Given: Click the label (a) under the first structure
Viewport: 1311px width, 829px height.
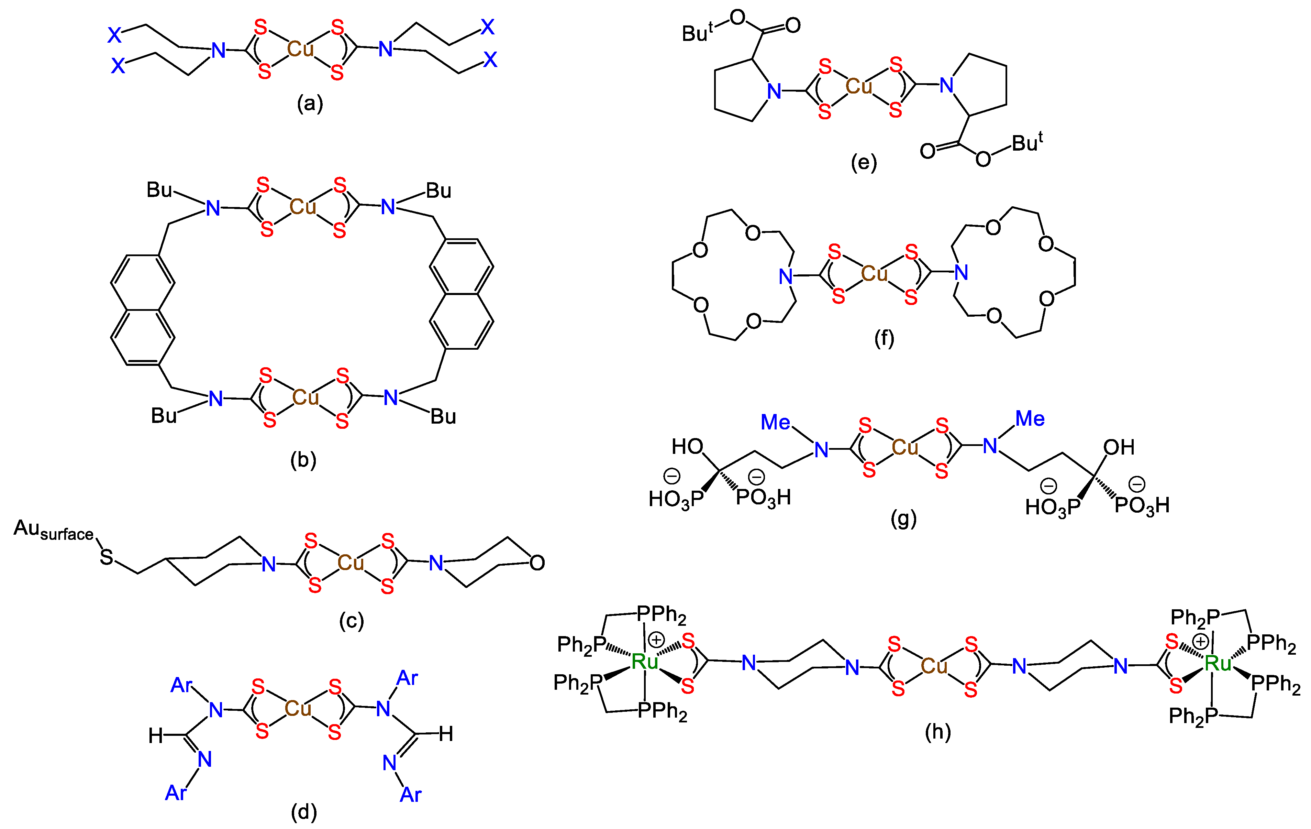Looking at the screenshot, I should (x=310, y=103).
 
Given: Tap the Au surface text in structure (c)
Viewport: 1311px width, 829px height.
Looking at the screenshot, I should (x=53, y=530).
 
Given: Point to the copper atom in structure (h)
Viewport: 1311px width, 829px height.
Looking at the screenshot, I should (x=934, y=666).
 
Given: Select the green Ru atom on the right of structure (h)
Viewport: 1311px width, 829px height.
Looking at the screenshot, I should (x=1218, y=663).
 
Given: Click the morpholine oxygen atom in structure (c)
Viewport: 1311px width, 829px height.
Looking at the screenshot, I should (x=537, y=563).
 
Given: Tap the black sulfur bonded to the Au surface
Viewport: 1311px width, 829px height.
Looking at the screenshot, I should (x=107, y=557).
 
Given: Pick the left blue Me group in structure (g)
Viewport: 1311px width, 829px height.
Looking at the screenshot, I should (x=775, y=422).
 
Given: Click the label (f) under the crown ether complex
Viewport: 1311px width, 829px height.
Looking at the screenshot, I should (x=884, y=339).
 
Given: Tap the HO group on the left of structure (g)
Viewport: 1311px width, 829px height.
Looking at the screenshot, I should (x=687, y=447).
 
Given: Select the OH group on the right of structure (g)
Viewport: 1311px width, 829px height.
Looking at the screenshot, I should (x=1119, y=448).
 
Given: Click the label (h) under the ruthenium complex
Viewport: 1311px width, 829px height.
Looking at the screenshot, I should (x=937, y=731).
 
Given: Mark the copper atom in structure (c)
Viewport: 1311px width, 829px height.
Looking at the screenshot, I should (x=351, y=563).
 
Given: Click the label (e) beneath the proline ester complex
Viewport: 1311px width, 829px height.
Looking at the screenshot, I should (x=864, y=162).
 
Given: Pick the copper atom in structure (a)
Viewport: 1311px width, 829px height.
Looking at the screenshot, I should (x=301, y=50).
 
